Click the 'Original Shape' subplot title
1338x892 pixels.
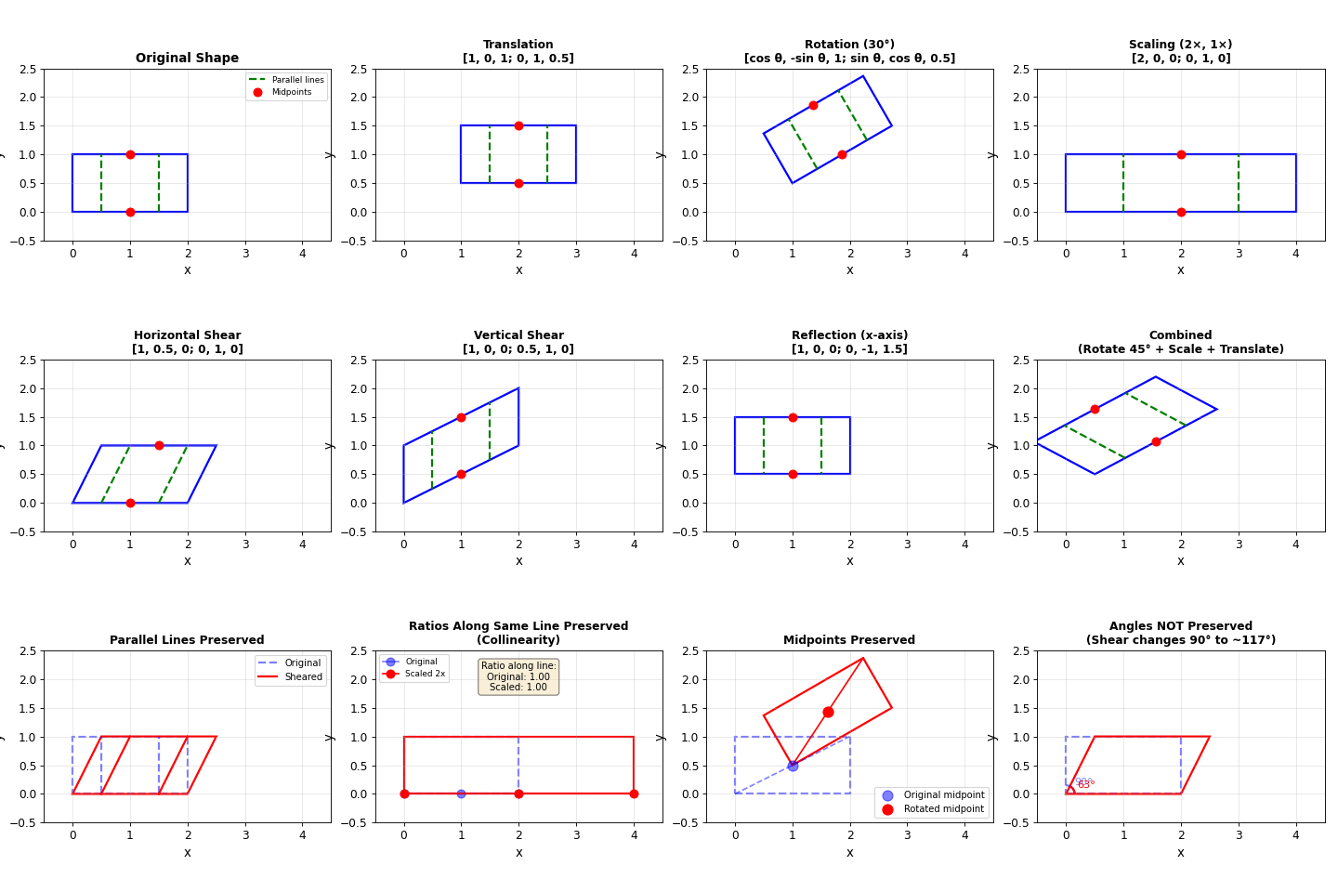[x=187, y=59]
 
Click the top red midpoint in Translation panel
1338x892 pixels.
[x=518, y=125]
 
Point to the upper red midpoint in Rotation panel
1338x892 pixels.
[x=813, y=105]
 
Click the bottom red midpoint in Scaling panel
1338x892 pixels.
[x=1181, y=212]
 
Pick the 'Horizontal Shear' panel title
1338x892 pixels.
[x=187, y=335]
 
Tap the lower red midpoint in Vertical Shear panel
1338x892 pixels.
[x=461, y=474]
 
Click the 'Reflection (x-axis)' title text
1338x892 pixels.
[x=849, y=335]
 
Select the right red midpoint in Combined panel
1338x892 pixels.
[x=1156, y=441]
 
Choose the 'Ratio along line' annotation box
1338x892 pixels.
[x=518, y=676]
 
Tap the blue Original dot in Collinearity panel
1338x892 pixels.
[x=461, y=794]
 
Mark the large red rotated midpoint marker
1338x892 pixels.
[x=828, y=712]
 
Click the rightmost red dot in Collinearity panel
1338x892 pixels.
[x=634, y=794]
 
